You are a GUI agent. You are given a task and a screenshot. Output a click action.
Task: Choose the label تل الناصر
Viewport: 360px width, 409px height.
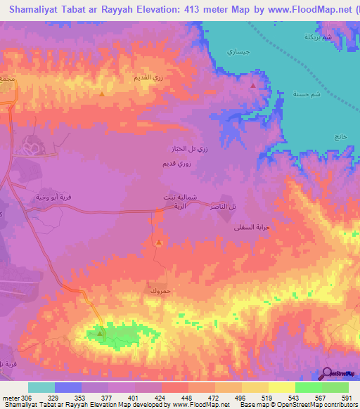tap(224, 204)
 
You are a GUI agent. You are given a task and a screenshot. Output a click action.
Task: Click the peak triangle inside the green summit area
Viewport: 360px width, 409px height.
tap(101, 332)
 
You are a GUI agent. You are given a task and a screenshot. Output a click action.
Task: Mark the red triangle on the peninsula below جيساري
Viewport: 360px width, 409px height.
tap(253, 85)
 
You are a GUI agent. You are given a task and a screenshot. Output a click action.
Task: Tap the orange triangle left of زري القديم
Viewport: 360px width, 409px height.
tap(103, 93)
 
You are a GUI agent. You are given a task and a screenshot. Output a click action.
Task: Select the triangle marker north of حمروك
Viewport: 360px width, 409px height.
tap(159, 243)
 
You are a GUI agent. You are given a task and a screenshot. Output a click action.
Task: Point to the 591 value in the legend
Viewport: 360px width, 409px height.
tap(347, 398)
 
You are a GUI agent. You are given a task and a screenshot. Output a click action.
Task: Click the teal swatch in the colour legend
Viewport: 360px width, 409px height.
tap(41, 387)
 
